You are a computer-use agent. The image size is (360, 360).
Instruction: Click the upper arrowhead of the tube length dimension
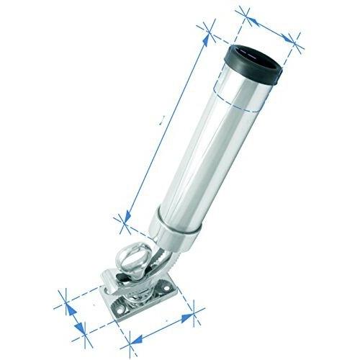tap(210, 27)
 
